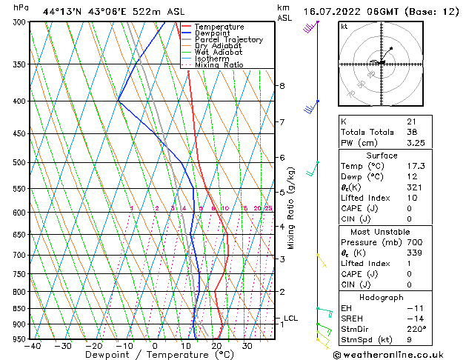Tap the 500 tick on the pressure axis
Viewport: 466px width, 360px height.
[x=18, y=162]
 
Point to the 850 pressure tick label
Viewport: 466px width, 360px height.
[x=18, y=309]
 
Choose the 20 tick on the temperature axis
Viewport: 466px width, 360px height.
[x=216, y=346]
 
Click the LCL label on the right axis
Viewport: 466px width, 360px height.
[x=290, y=319]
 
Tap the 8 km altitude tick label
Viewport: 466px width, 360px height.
[x=282, y=86]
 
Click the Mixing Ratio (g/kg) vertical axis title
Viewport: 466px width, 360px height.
[x=292, y=207]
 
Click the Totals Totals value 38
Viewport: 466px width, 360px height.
[x=412, y=132]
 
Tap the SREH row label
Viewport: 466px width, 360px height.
[x=353, y=319]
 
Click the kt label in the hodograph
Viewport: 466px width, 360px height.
[x=344, y=26]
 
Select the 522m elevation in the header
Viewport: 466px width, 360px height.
[x=127, y=11]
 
